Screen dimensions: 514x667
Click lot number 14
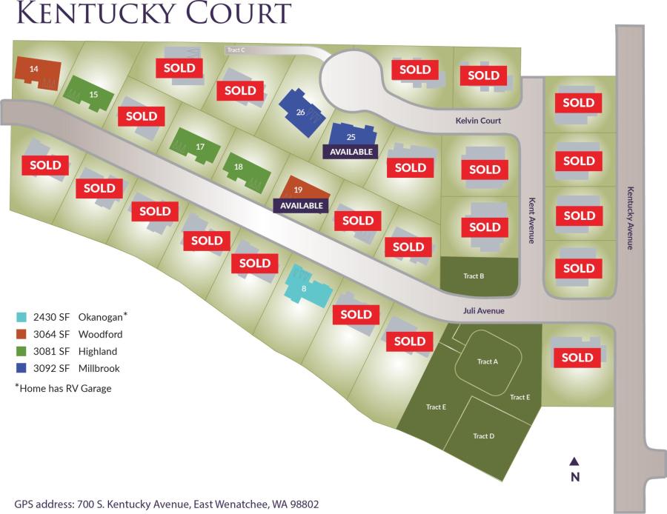click(33, 69)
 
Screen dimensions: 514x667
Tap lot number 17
click(200, 147)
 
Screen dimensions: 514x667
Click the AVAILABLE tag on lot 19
click(302, 205)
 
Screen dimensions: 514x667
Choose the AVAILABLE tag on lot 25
click(351, 151)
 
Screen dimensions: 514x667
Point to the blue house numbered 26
click(300, 113)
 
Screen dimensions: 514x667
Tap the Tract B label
click(474, 276)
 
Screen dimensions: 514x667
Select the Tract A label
click(487, 361)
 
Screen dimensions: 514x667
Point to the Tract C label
click(236, 50)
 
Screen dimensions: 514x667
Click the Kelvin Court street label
click(479, 121)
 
